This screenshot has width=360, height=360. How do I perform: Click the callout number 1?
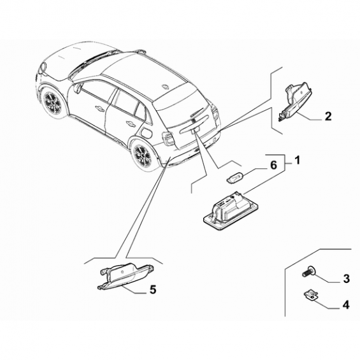(298, 160)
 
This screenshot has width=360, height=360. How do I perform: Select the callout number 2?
(328, 117)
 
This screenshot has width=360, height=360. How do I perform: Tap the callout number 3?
(346, 278)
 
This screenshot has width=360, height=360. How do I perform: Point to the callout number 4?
(346, 305)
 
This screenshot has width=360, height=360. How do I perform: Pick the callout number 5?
(153, 289)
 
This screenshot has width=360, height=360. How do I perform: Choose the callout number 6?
(274, 165)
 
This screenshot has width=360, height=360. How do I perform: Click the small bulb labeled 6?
(234, 178)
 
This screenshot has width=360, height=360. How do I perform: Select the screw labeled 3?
(308, 273)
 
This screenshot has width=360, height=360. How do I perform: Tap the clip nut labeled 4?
(310, 295)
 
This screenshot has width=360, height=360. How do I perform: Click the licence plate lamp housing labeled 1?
(231, 210)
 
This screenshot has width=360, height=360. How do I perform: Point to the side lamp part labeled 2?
(294, 101)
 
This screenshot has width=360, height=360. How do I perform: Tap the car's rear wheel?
(142, 156)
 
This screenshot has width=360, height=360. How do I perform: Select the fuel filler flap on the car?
(146, 133)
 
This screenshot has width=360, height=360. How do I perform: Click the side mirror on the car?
(77, 88)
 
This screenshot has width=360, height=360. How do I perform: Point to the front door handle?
(100, 107)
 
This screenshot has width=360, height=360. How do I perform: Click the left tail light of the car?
(168, 139)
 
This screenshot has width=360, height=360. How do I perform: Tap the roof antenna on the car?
(165, 86)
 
